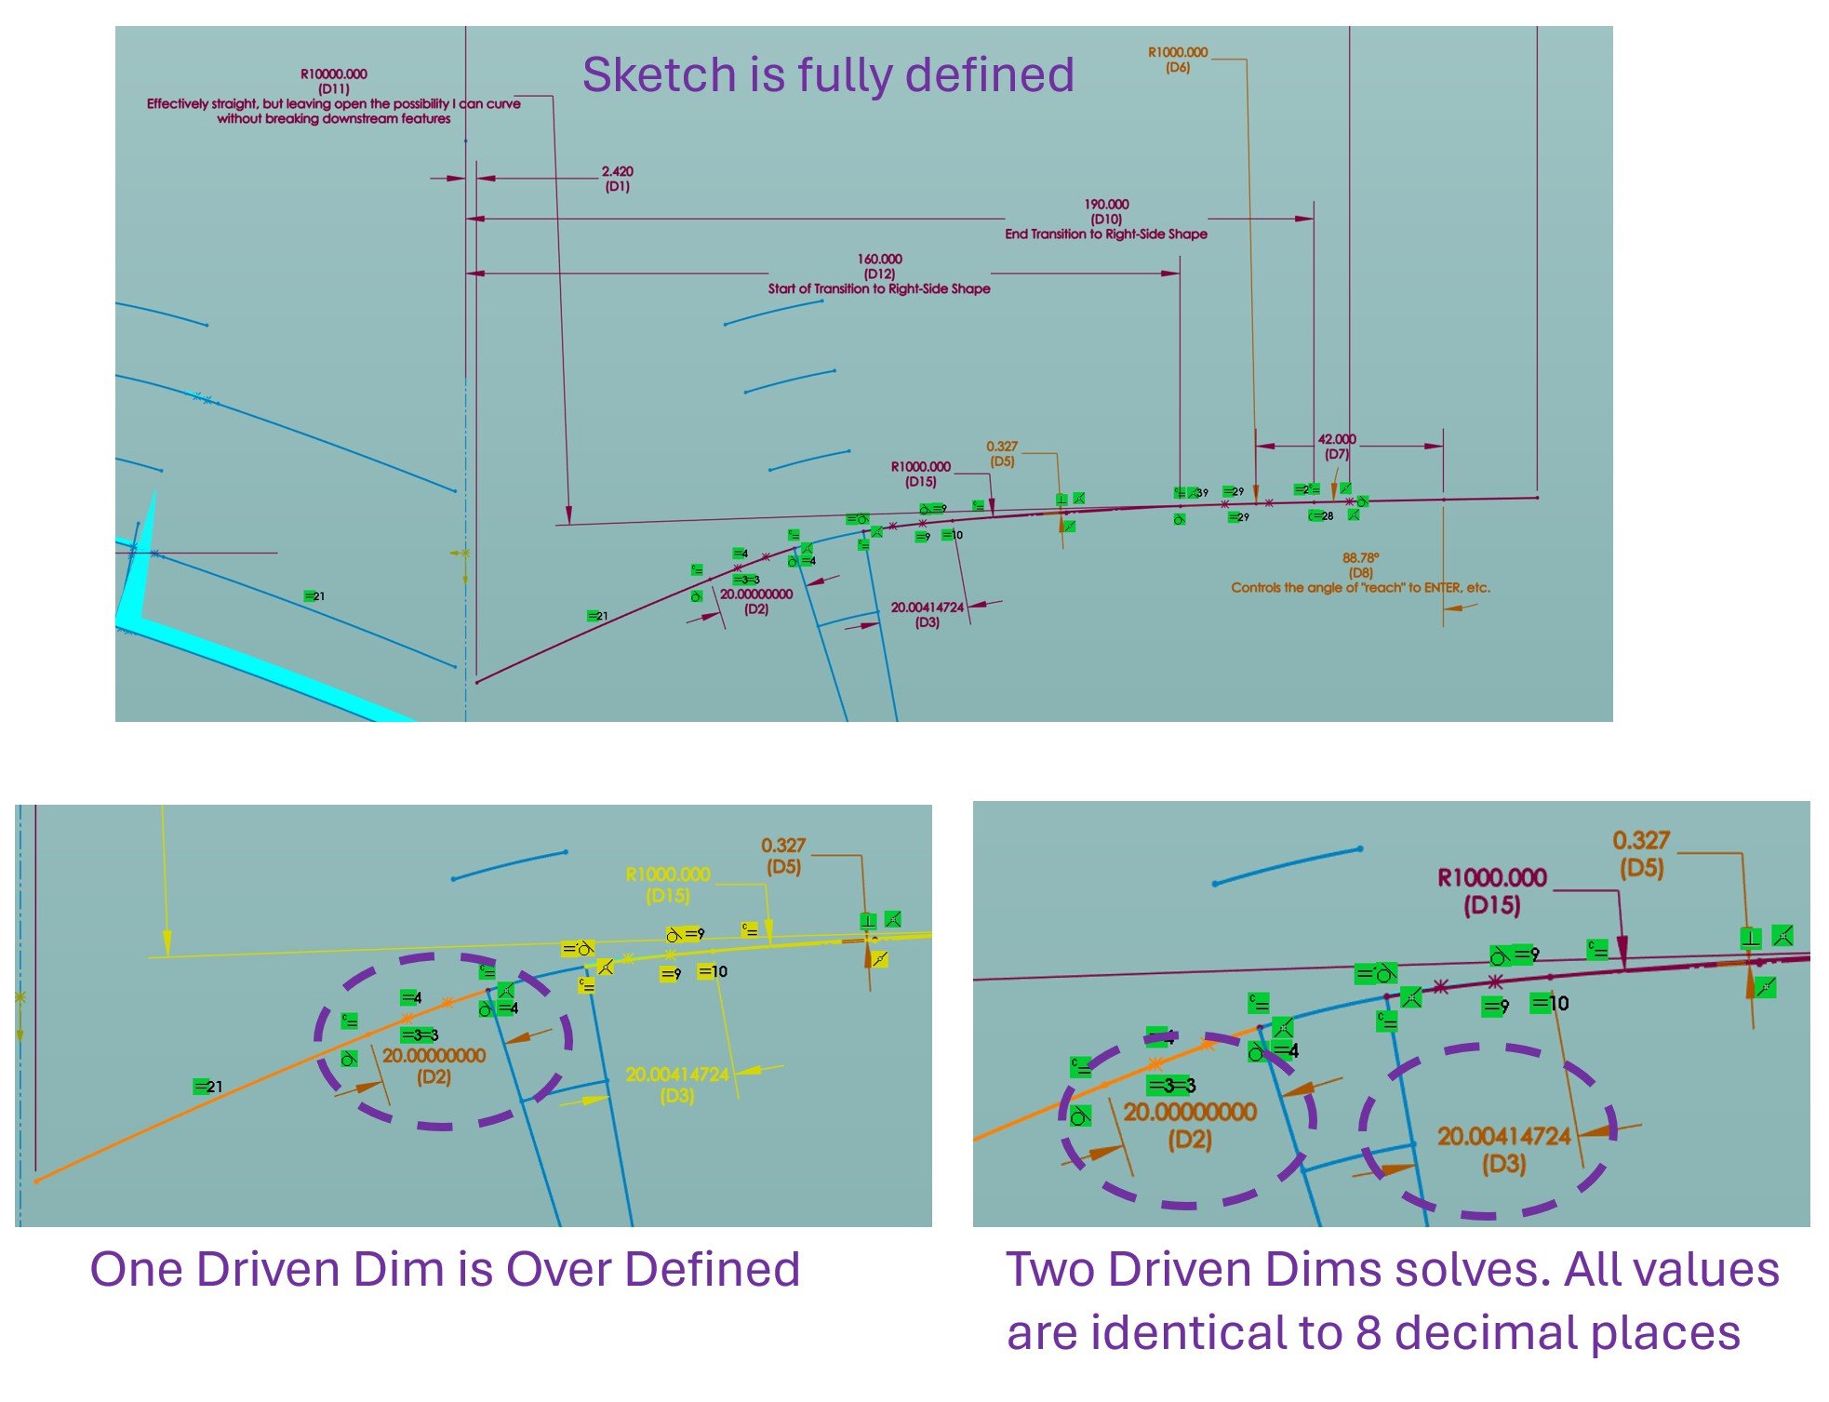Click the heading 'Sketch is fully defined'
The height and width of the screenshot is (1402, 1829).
[828, 74]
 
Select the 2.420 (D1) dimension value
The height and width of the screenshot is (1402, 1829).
[617, 172]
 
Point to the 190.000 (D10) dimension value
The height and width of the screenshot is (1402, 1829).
[1106, 205]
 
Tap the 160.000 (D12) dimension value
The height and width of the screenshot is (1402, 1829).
[879, 260]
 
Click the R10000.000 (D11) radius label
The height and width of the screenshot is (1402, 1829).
[333, 74]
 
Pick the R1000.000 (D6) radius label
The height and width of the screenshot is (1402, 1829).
[1178, 53]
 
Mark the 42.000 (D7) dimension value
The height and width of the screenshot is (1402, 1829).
[1337, 439]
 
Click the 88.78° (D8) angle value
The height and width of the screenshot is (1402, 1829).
[1360, 558]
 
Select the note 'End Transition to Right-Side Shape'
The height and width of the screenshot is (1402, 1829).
[1105, 234]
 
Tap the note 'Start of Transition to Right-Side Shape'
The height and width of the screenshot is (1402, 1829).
[879, 289]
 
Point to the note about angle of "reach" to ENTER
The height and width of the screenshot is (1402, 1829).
[1360, 588]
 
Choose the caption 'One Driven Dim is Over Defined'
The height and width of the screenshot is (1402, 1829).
[445, 1269]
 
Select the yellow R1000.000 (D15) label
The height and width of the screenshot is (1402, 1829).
[668, 875]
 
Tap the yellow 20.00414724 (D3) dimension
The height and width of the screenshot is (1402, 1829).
[677, 1075]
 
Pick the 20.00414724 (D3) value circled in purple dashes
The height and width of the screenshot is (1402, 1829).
[1503, 1137]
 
